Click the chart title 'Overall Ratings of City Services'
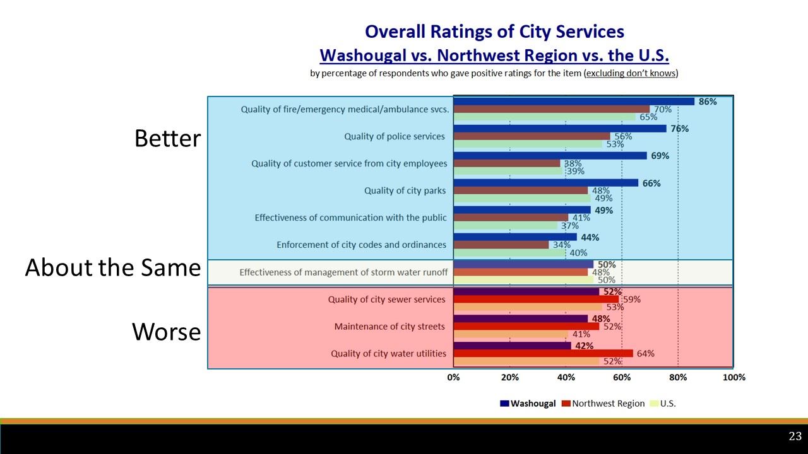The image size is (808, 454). tap(494, 32)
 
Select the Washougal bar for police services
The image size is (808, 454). tap(559, 129)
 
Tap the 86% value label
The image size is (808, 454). tap(708, 102)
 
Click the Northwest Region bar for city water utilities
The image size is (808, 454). tap(543, 354)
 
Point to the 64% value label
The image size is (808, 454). tap(645, 354)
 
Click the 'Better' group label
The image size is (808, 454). tap(167, 139)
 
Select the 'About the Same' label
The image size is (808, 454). tap(112, 269)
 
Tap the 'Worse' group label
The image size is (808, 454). tap(166, 332)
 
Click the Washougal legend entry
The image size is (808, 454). tap(528, 404)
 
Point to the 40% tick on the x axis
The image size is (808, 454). tap(566, 377)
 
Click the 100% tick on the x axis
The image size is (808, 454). tap(734, 377)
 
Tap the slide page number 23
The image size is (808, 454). tap(795, 436)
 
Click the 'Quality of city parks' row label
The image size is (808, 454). tap(405, 190)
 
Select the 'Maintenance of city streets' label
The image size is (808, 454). tap(389, 327)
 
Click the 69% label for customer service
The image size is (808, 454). tap(660, 156)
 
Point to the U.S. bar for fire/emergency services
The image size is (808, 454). tap(544, 117)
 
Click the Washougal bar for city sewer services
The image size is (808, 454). tap(526, 292)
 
